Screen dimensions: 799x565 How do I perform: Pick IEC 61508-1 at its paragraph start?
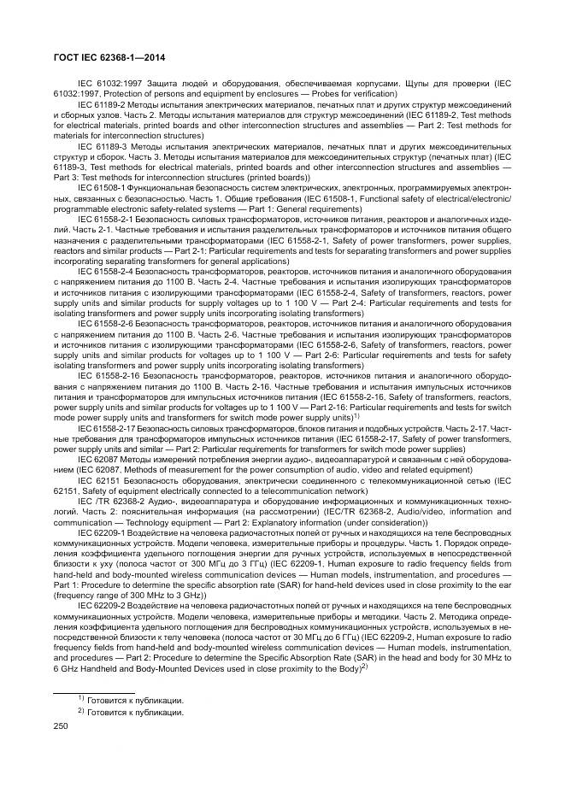pyautogui.click(x=101, y=185)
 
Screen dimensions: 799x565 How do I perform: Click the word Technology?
pyautogui.click(x=144, y=519)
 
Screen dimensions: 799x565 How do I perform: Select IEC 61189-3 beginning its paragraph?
pyautogui.click(x=101, y=146)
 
